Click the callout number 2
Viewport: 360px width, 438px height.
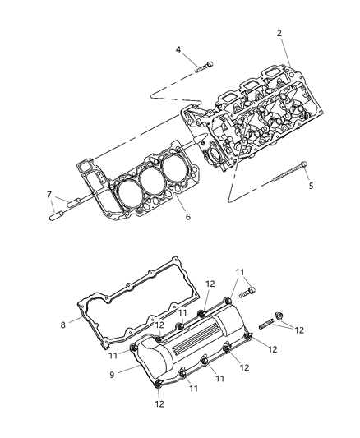[x=279, y=33]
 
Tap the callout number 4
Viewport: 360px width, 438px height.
[x=178, y=50]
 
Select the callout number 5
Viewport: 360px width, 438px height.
[x=312, y=186]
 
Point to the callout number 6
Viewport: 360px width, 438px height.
[x=188, y=216]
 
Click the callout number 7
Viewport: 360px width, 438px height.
[x=49, y=195]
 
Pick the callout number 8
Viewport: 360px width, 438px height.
[x=62, y=325]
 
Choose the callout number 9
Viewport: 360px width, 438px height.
[x=112, y=375]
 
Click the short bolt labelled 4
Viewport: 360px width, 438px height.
[x=204, y=67]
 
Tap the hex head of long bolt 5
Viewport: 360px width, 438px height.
[x=304, y=164]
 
